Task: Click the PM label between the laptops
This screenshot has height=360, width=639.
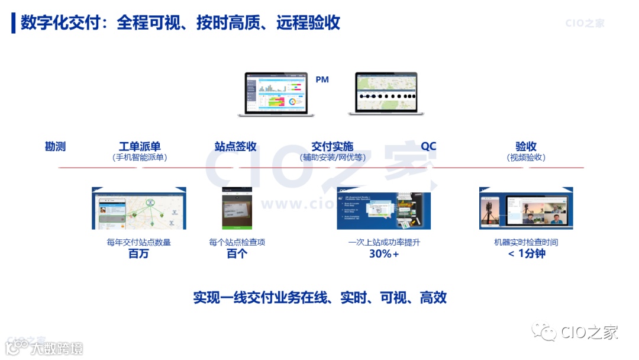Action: (x=322, y=79)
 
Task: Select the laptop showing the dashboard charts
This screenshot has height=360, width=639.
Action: (x=276, y=94)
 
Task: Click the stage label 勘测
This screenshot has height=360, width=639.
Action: (x=56, y=146)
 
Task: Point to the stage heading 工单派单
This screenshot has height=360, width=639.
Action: (x=140, y=146)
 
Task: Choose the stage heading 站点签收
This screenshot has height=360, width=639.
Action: (x=235, y=146)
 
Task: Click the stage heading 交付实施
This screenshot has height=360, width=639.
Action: (x=333, y=146)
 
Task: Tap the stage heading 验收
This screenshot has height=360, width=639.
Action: (x=526, y=146)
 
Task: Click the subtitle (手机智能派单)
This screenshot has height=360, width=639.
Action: (x=140, y=157)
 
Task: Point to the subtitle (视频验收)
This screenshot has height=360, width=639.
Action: (x=526, y=157)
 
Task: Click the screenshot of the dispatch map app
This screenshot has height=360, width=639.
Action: (x=139, y=208)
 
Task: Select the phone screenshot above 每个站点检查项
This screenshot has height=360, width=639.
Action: (x=237, y=208)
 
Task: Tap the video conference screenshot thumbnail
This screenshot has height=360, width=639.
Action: (x=526, y=208)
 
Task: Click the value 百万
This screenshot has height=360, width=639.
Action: (x=139, y=254)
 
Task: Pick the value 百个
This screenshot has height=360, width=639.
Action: (x=237, y=254)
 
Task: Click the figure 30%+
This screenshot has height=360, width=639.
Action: (x=384, y=254)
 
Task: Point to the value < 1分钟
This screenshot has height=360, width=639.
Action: (x=526, y=254)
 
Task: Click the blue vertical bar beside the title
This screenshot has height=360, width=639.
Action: (x=14, y=23)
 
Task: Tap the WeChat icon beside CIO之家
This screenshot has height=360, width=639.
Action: (x=544, y=332)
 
